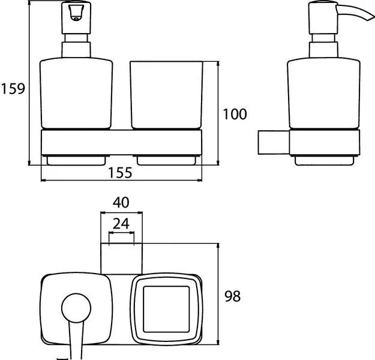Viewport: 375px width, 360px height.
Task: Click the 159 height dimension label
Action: [13, 89]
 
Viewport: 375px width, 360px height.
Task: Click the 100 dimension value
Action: [235, 114]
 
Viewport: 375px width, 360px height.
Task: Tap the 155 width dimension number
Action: [120, 173]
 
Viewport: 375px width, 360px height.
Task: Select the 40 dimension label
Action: [121, 202]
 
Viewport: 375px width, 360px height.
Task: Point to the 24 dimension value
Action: [121, 224]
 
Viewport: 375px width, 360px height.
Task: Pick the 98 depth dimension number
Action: [232, 296]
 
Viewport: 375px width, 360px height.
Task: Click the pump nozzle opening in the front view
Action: [76, 13]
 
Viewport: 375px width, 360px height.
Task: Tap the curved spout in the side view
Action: [355, 12]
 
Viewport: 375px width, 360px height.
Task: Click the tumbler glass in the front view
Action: [166, 95]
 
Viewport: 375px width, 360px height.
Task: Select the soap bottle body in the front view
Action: [76, 93]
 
